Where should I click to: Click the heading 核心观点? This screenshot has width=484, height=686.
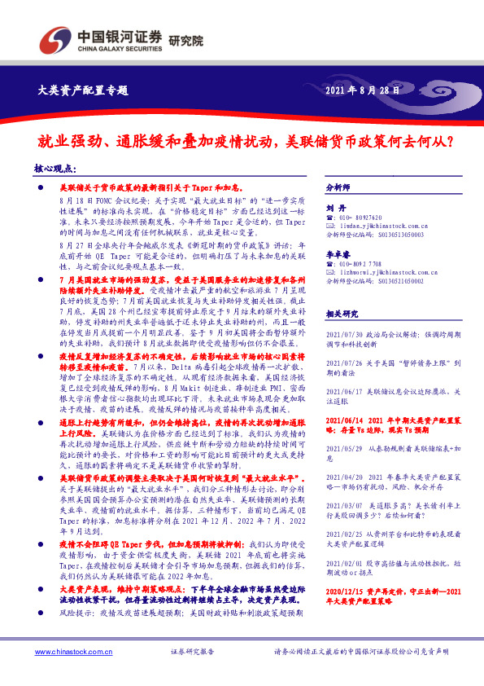point(57,168)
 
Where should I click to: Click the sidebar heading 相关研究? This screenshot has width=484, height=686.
point(341,313)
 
